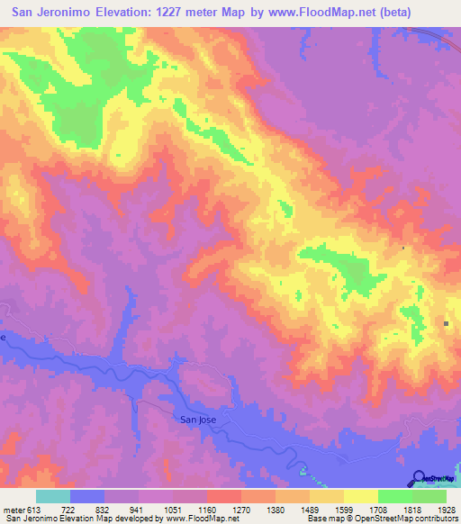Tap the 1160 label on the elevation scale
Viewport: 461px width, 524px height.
[207, 509]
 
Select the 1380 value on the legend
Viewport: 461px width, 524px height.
[276, 509]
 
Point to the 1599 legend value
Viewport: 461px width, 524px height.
[343, 509]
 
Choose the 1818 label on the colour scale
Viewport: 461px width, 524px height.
[411, 509]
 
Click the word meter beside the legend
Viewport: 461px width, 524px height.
[14, 509]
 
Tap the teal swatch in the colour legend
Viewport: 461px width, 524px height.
[53, 496]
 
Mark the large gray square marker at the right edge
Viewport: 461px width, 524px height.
[447, 323]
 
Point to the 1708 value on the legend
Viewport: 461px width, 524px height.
[377, 509]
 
